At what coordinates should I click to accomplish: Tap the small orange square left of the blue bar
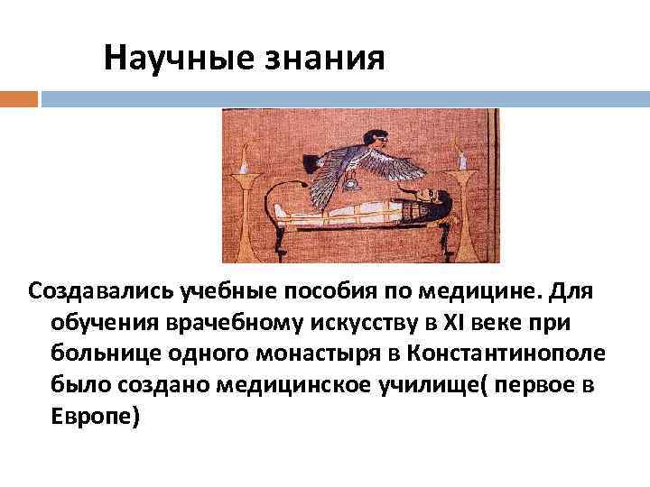coord(19,98)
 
